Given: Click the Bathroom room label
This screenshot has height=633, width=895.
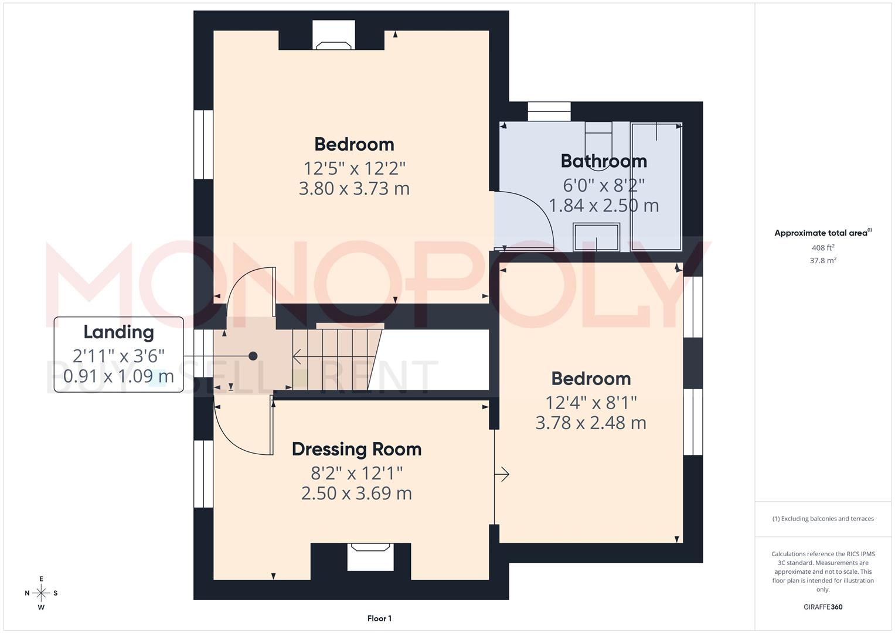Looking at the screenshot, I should pyautogui.click(x=604, y=161).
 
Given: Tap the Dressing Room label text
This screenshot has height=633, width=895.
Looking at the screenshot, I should pyautogui.click(x=356, y=449).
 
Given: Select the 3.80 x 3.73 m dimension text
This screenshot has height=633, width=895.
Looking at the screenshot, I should pyautogui.click(x=354, y=189).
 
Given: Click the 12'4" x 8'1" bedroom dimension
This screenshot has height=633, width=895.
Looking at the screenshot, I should pyautogui.click(x=591, y=403).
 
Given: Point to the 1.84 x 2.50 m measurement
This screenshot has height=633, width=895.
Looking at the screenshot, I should pyautogui.click(x=604, y=206).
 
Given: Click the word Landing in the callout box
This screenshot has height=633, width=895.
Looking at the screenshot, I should pyautogui.click(x=118, y=332).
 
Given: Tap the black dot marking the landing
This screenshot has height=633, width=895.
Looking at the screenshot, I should pyautogui.click(x=253, y=356).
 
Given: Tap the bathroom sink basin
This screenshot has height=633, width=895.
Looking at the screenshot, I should pyautogui.click(x=596, y=236).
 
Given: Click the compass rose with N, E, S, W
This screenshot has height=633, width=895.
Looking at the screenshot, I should pyautogui.click(x=41, y=593).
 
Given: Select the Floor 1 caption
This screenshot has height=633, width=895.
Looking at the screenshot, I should pyautogui.click(x=379, y=618).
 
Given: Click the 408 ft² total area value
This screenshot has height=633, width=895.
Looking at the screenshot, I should pyautogui.click(x=823, y=248).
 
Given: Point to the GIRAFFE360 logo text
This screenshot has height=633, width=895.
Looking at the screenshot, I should pyautogui.click(x=823, y=607).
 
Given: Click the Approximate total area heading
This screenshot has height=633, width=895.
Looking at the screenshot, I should pyautogui.click(x=822, y=233).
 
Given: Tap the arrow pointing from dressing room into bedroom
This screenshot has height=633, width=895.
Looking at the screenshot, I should pyautogui.click(x=503, y=474).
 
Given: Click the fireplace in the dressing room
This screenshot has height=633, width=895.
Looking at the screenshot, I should pyautogui.click(x=370, y=556).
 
